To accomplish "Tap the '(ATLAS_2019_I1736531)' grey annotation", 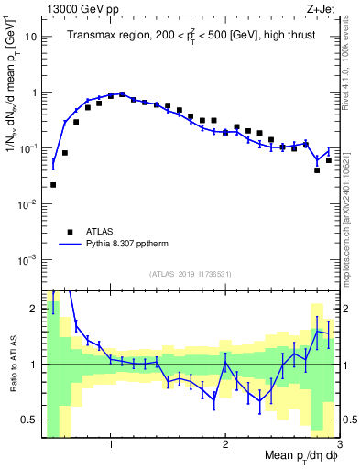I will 191,274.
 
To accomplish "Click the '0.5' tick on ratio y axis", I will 28,420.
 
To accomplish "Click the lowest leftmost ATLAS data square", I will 53,185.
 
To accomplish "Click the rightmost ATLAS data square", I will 328,160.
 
